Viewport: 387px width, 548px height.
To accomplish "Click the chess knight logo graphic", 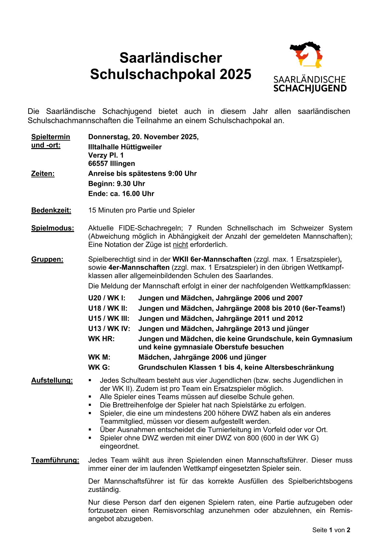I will point(306,55).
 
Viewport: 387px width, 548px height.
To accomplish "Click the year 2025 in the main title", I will point(235,74).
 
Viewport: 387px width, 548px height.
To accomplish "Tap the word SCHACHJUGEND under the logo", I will point(310,89).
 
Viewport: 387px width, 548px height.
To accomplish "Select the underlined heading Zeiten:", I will point(43,174).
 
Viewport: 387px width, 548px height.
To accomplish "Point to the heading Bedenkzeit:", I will point(51,211).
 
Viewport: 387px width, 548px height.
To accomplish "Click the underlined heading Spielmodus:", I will point(53,228).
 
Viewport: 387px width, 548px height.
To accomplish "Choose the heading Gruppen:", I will point(47,259).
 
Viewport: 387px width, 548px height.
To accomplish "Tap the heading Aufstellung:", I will point(52,380).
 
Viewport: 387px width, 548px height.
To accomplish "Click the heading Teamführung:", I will point(55,460).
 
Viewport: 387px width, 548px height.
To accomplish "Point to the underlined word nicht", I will point(180,245).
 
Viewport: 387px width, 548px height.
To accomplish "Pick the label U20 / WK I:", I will point(107,298).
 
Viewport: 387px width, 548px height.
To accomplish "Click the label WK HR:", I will point(101,339).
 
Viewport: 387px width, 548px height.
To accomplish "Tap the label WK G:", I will point(99,367).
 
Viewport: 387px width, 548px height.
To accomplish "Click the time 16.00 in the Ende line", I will point(131,194).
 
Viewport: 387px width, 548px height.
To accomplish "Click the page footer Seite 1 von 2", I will point(331,530).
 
